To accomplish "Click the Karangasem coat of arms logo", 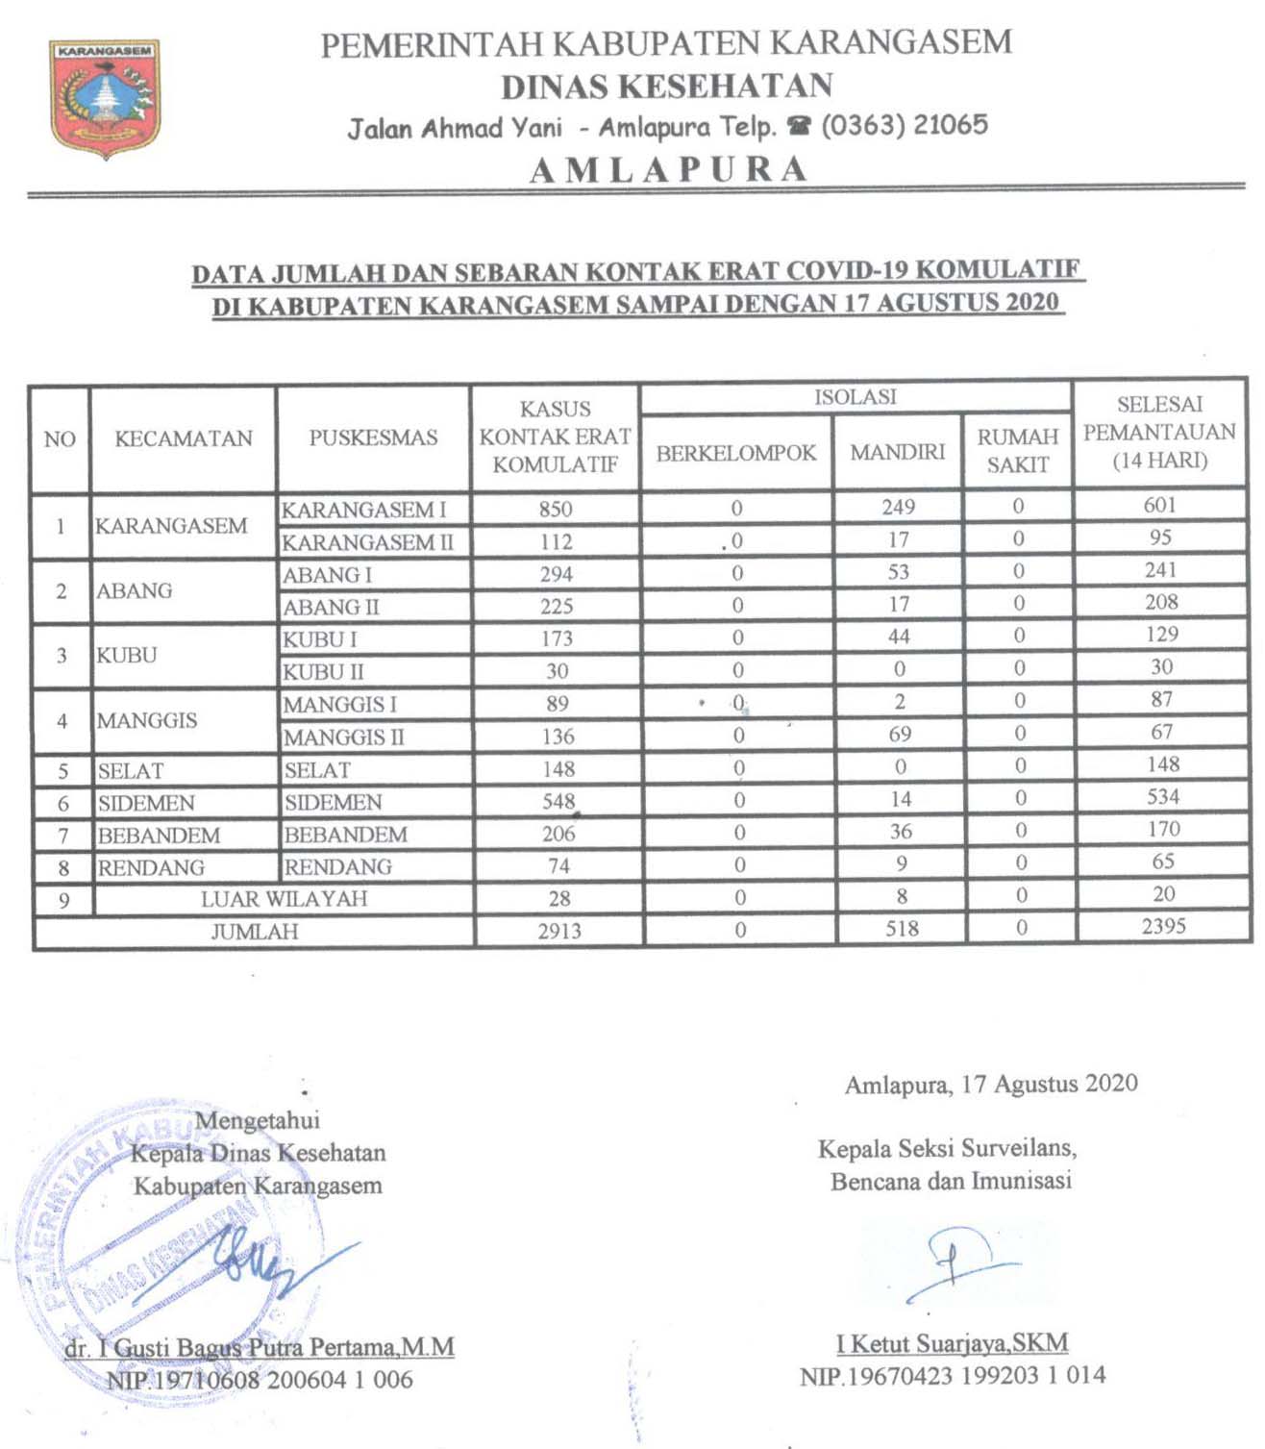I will click(x=105, y=97).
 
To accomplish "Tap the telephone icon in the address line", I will click(x=799, y=126).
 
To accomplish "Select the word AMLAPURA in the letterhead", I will click(x=669, y=170).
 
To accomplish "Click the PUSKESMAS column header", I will click(x=373, y=438).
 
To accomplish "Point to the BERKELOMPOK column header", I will click(x=735, y=453).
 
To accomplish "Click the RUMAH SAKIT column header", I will click(x=1018, y=451).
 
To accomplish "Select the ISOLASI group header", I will click(x=855, y=397).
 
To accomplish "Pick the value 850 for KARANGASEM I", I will click(x=556, y=509).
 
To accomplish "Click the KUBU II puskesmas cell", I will click(x=323, y=672).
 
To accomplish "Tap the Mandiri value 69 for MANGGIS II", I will click(x=900, y=735).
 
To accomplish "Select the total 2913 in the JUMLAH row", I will click(x=559, y=931).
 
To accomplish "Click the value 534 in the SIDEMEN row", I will click(x=1162, y=797).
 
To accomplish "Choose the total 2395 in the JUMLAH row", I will click(x=1163, y=927).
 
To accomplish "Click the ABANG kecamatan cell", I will click(x=135, y=591).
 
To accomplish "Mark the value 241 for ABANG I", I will click(x=1160, y=570).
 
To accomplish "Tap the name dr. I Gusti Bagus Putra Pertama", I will click(x=260, y=1348).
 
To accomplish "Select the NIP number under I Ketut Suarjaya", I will click(x=953, y=1376).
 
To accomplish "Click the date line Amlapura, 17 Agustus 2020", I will click(x=991, y=1085).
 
